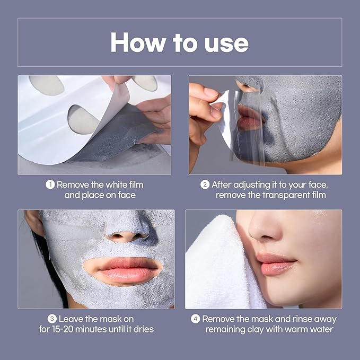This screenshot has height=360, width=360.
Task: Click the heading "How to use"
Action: coord(179,42)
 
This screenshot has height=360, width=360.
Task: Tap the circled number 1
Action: coord(50,185)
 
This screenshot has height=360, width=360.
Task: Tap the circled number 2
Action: coord(205,185)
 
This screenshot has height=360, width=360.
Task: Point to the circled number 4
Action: coord(195,319)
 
